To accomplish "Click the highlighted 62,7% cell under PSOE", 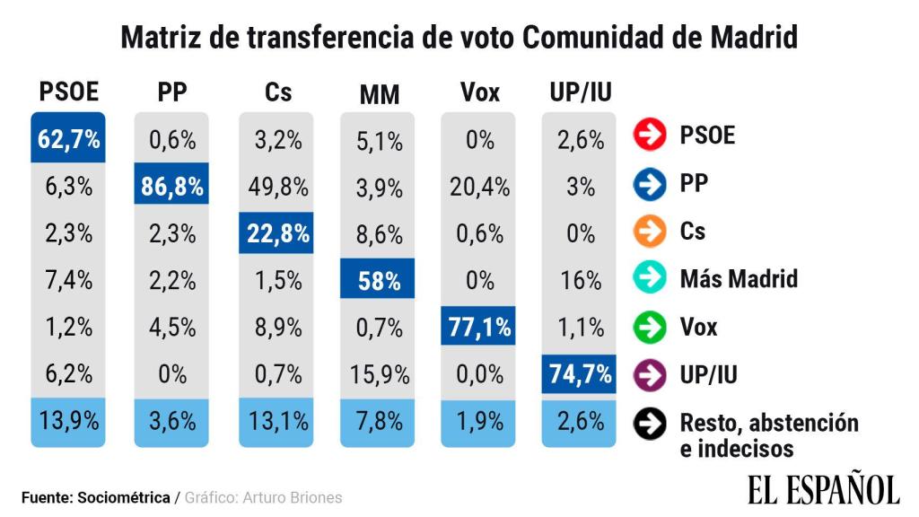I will (69, 138).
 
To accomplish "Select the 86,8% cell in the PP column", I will (171, 187).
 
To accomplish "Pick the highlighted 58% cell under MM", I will (380, 280).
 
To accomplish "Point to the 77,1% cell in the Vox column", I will (479, 327).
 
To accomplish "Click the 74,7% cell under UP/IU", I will (580, 373).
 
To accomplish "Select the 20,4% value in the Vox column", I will (479, 187).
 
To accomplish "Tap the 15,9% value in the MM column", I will (380, 373).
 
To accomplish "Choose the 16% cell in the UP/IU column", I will (580, 280).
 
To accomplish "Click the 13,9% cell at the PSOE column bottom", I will (69, 420).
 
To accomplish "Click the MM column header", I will (380, 94).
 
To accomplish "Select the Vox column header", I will (479, 92).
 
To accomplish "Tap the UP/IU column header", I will (580, 92).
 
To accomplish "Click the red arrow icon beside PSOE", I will (648, 136).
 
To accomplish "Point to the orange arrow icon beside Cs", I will (648, 232).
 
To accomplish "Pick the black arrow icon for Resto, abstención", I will (648, 424).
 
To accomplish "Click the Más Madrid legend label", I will (739, 278).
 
